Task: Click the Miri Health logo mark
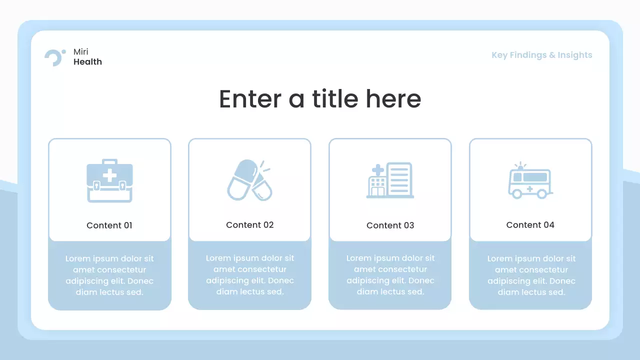coord(54,57)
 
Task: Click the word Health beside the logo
coord(87,62)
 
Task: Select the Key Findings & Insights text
coord(541,55)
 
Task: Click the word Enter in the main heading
coord(250,98)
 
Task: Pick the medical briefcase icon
coord(109,180)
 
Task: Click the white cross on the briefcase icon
coord(109,175)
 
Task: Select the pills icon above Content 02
coord(249,180)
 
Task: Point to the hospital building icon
coord(390,180)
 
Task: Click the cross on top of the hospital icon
coord(378,169)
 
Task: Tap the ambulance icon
coord(530,181)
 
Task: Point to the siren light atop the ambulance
coord(520,166)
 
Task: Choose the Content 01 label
coord(109,225)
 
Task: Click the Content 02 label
coord(250,225)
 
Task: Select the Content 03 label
coord(390,225)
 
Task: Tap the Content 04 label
coord(530,225)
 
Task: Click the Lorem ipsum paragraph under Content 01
coord(109,275)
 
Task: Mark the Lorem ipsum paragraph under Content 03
coord(390,275)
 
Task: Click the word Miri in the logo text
coord(81,52)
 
